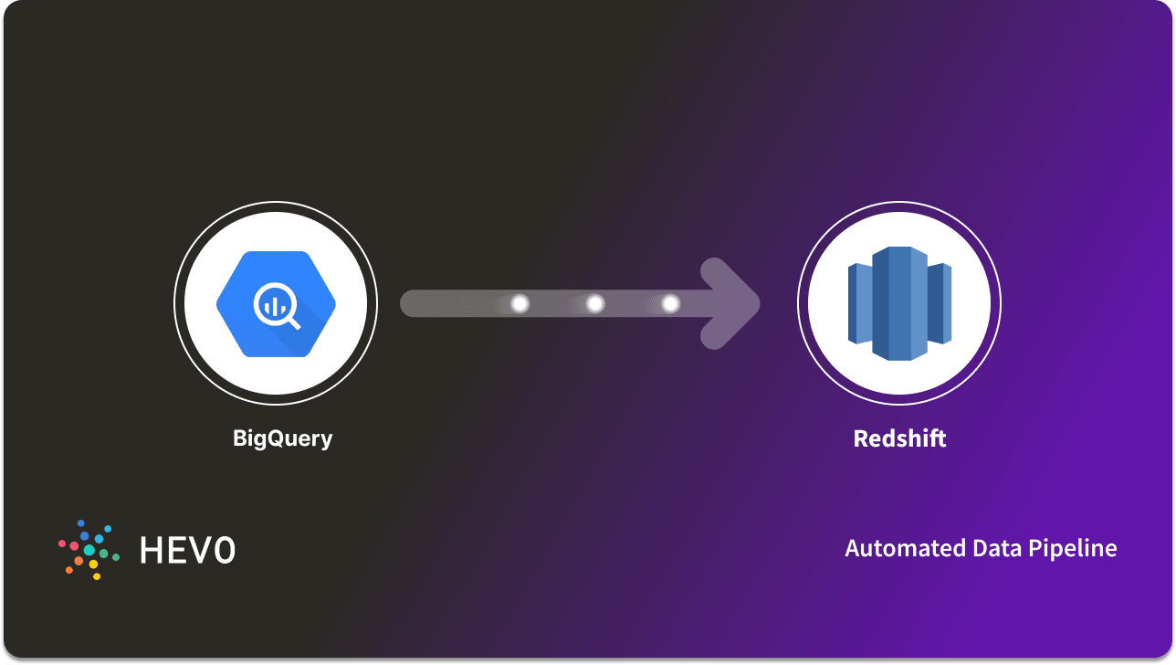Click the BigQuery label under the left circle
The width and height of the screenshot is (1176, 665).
point(282,438)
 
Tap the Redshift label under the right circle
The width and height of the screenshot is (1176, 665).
point(899,438)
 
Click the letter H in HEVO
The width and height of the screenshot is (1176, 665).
point(152,550)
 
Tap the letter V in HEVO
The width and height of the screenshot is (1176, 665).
point(201,550)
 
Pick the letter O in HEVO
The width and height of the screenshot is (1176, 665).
point(225,550)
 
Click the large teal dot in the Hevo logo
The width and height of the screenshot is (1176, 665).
point(89,550)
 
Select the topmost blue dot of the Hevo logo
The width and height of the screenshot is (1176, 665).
point(80,522)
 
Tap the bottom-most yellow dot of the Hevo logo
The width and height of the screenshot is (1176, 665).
point(97,577)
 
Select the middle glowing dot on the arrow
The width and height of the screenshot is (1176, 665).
point(595,303)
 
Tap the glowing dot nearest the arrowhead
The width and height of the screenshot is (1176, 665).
point(670,303)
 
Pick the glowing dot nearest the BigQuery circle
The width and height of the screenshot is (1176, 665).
point(520,303)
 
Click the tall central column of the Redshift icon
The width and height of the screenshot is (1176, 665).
point(899,303)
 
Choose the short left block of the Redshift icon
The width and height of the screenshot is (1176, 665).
point(859,303)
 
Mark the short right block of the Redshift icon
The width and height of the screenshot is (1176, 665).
point(940,303)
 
